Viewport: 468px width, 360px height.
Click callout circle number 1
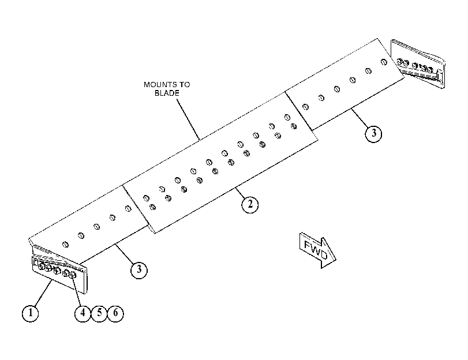(x=30, y=313)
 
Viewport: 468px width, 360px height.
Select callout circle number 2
(x=250, y=204)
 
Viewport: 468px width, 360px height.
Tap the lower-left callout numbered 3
(x=139, y=270)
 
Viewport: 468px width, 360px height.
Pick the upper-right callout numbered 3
(x=373, y=134)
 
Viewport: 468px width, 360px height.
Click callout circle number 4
(x=83, y=313)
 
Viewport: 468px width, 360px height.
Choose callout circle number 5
(x=99, y=313)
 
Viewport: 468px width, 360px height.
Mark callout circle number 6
(x=115, y=313)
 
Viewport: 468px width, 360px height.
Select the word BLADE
(x=167, y=93)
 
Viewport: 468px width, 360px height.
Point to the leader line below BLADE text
(x=188, y=119)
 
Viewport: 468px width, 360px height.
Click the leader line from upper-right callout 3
(x=360, y=118)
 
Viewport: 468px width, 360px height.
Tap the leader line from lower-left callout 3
(x=124, y=254)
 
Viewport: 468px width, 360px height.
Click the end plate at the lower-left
(x=59, y=269)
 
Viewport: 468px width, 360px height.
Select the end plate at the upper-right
(x=418, y=64)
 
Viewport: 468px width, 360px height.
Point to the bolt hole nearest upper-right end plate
(x=384, y=62)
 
